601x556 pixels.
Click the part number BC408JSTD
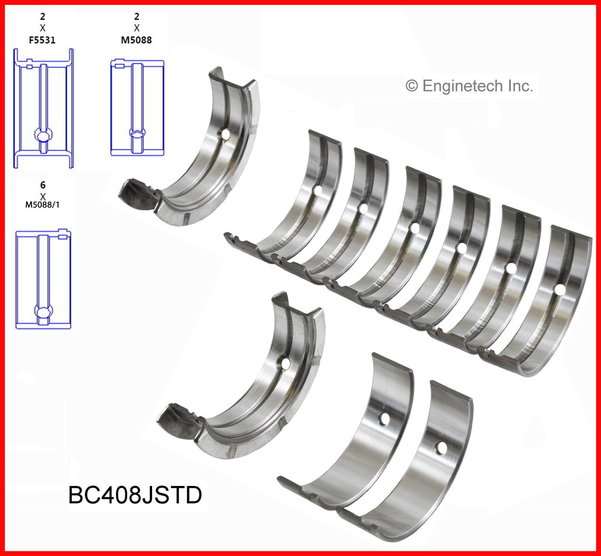[x=135, y=494]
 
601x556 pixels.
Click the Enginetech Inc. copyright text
[x=469, y=86]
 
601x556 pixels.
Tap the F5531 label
[x=42, y=40]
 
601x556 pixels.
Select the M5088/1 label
[x=43, y=204]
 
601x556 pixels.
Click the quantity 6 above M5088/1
[x=43, y=185]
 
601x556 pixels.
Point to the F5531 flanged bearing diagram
[x=43, y=108]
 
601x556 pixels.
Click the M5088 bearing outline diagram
[x=137, y=108]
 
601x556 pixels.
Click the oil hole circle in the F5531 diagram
[x=43, y=136]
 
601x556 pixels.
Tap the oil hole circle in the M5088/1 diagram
[x=43, y=311]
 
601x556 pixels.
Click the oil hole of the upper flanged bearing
[x=226, y=134]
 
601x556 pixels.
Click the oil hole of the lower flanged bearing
[x=285, y=363]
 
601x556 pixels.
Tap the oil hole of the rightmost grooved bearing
[x=559, y=289]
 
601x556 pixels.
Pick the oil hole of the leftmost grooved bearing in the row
[x=318, y=190]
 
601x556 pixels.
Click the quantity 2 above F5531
[x=43, y=17]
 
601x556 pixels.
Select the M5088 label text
[x=136, y=40]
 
